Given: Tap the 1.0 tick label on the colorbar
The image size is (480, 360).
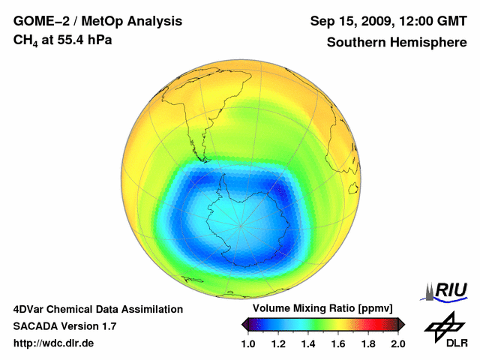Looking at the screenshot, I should (x=249, y=343).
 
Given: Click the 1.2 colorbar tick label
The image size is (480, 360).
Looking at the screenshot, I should (x=279, y=343).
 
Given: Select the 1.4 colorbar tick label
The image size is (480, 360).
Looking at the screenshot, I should (x=308, y=343).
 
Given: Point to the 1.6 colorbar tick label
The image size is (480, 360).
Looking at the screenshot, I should (x=338, y=343).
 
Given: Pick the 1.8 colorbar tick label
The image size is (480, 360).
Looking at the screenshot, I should (x=367, y=343).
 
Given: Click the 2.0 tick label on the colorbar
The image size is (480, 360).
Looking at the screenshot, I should (x=397, y=343).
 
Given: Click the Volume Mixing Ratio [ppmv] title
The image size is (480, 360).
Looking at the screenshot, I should (x=322, y=309).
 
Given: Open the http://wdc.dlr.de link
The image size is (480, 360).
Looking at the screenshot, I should (x=54, y=343).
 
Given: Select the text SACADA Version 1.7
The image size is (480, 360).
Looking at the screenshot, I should (x=64, y=326).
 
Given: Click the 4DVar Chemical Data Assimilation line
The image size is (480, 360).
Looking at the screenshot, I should (x=97, y=309).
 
